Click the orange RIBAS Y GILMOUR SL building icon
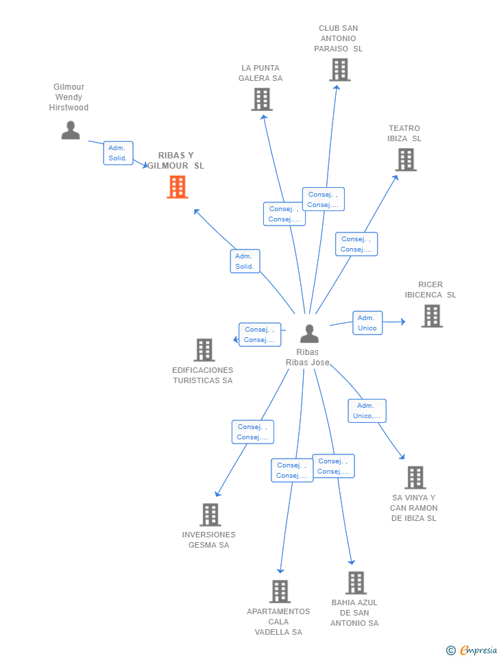(178, 186)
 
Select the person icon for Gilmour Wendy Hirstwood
(71, 130)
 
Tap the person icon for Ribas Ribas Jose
(309, 334)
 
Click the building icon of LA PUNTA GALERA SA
(262, 99)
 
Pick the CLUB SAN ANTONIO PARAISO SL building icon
(339, 70)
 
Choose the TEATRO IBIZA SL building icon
(406, 160)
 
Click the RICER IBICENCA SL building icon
(432, 316)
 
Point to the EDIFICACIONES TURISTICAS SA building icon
(204, 350)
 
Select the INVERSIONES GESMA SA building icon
(210, 515)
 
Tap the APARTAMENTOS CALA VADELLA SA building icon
(280, 592)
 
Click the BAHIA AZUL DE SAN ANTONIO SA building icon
(356, 583)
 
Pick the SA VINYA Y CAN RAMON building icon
(415, 478)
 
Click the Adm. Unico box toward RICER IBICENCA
(367, 323)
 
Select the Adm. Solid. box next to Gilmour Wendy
(119, 153)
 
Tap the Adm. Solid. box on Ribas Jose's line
(245, 261)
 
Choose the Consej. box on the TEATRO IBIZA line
(356, 244)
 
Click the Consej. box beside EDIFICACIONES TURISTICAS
(260, 335)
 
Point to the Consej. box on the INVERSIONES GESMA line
(253, 432)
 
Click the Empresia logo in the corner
(472, 650)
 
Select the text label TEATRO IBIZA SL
(404, 134)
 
